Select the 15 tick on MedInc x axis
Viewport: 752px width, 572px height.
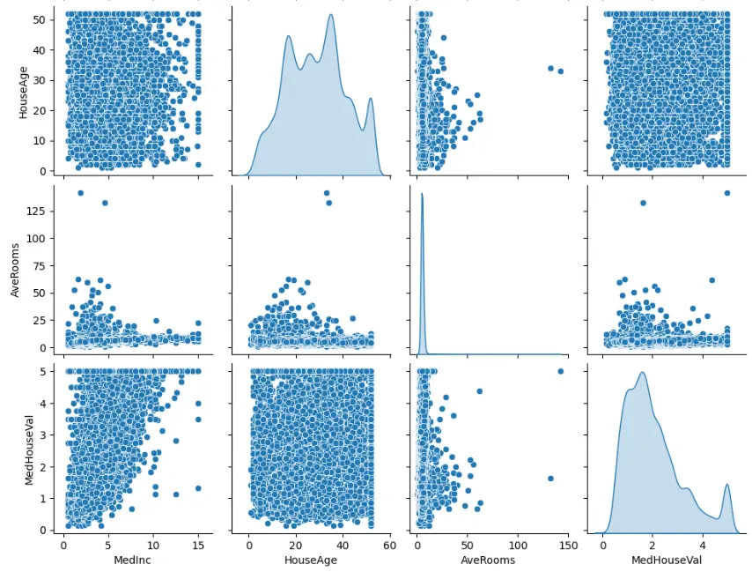coord(198,545)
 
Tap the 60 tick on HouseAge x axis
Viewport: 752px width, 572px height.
coord(388,545)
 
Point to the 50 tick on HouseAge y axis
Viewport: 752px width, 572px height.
coord(42,18)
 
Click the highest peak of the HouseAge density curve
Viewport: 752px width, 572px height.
coord(331,15)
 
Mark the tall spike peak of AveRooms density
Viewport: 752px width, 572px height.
coord(423,194)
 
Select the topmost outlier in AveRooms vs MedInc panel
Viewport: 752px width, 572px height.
coord(80,193)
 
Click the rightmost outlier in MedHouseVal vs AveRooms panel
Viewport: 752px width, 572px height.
coord(561,371)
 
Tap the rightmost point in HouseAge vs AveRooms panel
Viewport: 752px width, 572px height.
coord(561,71)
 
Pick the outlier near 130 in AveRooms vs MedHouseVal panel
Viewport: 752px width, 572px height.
coord(643,203)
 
